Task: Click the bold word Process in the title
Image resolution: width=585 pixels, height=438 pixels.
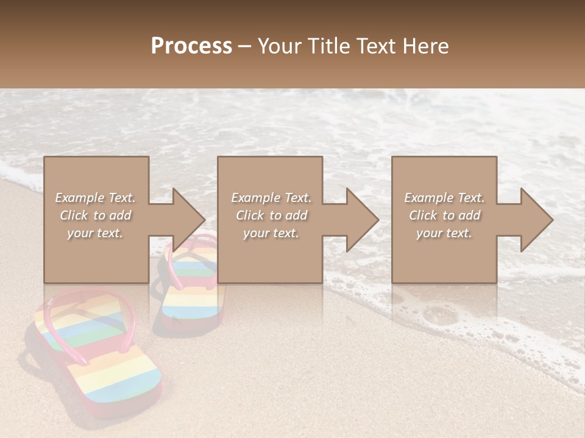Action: pyautogui.click(x=191, y=46)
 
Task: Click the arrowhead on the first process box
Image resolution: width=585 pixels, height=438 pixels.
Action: pyautogui.click(x=186, y=220)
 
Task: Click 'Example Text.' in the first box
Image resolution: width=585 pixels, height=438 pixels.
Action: pyautogui.click(x=96, y=198)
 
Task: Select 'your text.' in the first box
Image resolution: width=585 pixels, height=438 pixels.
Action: pyautogui.click(x=96, y=233)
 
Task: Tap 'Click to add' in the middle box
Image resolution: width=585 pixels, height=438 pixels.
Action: pyautogui.click(x=271, y=215)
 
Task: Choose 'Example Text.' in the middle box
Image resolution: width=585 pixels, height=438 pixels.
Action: pyautogui.click(x=271, y=198)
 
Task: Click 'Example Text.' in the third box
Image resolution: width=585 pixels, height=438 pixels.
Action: pyautogui.click(x=444, y=198)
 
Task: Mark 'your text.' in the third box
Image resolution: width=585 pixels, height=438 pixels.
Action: pyautogui.click(x=444, y=233)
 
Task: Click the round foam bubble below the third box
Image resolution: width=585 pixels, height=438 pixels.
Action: pyautogui.click(x=437, y=316)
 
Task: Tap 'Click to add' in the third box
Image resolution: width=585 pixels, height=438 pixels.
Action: pyautogui.click(x=444, y=215)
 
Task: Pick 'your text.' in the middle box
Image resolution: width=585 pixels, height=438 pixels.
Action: pyautogui.click(x=271, y=233)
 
